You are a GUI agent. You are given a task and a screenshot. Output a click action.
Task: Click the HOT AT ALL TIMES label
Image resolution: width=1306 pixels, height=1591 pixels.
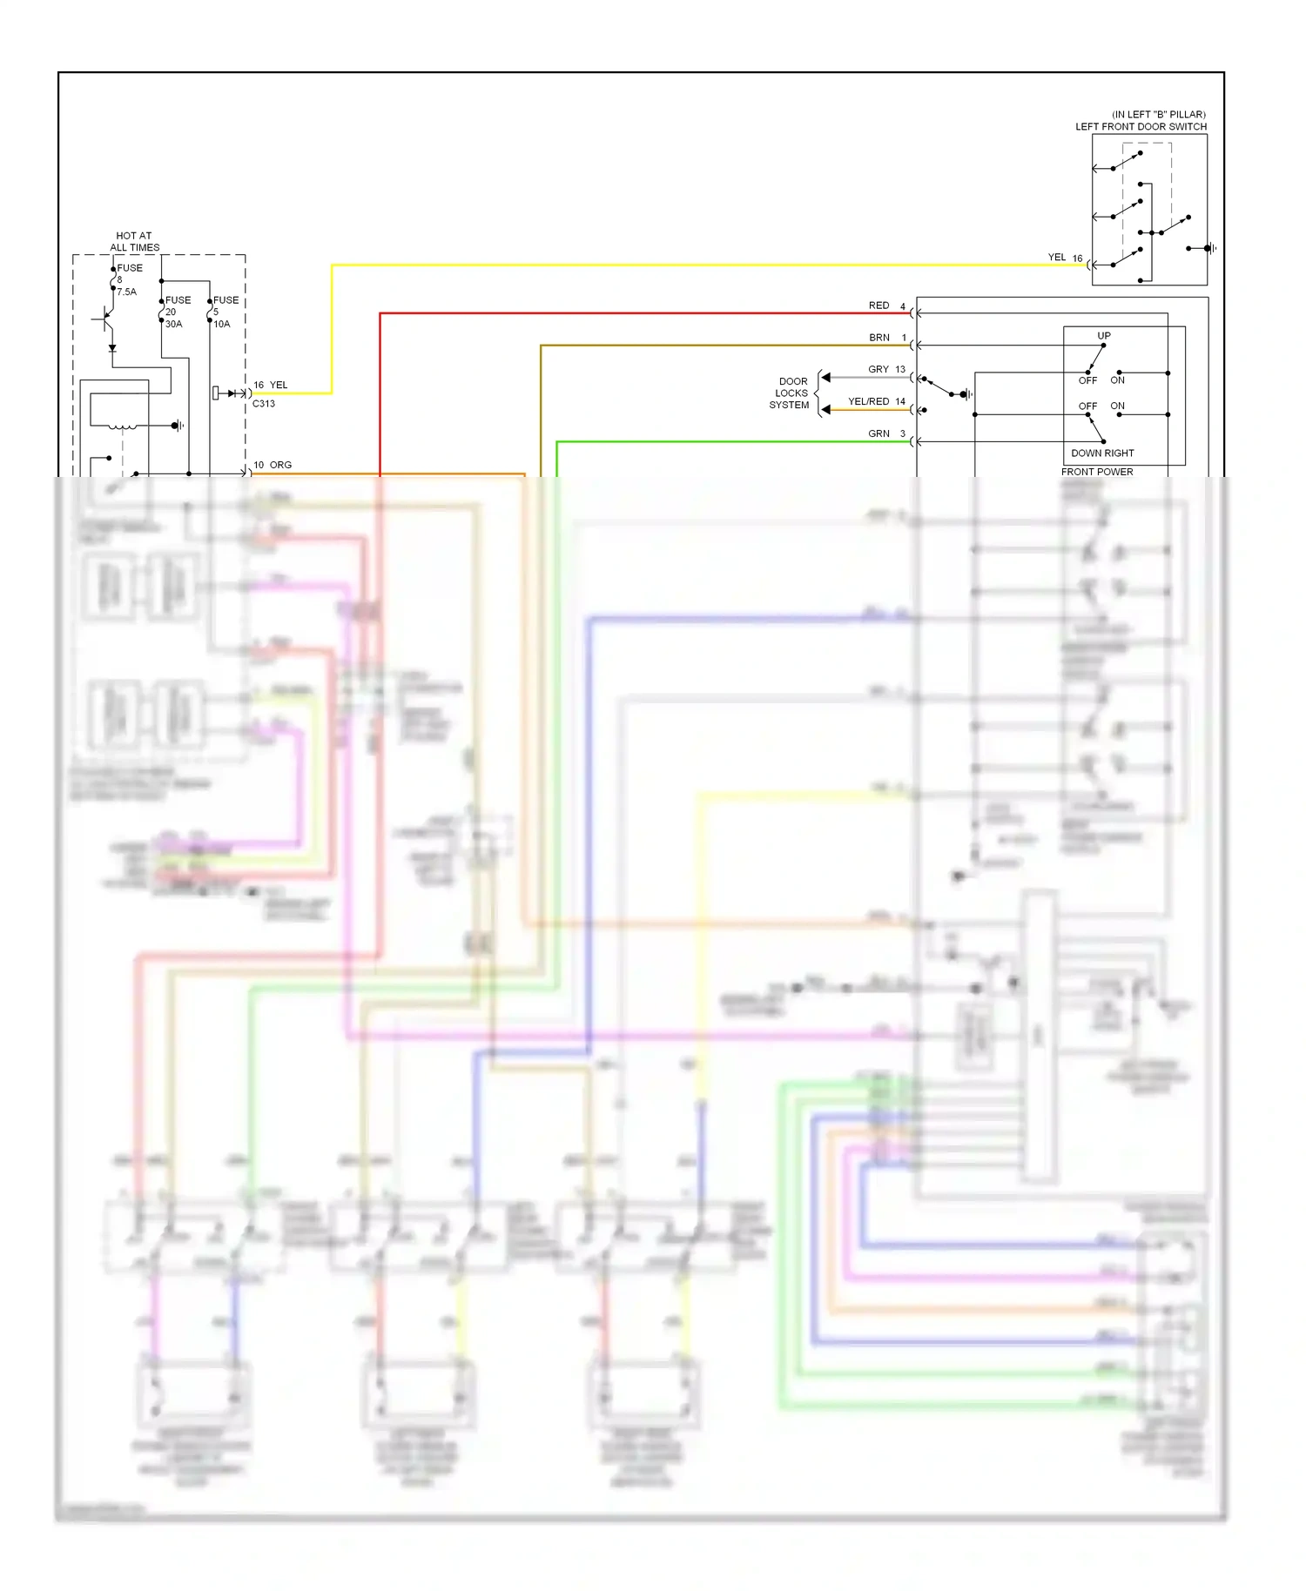[134, 241]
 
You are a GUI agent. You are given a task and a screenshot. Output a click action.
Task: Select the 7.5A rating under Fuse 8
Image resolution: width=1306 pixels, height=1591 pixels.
[127, 292]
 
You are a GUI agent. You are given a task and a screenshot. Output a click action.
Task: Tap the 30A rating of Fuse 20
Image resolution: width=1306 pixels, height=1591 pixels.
[174, 324]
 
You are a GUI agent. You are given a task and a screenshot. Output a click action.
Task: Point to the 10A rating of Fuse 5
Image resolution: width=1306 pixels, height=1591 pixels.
[222, 324]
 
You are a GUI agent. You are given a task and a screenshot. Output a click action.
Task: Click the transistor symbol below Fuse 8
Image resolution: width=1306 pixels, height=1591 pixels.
[105, 319]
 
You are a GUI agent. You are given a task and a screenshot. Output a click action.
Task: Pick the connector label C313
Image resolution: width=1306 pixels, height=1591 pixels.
[264, 404]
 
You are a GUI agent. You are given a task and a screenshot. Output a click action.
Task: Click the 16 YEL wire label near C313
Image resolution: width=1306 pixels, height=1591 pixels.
[271, 385]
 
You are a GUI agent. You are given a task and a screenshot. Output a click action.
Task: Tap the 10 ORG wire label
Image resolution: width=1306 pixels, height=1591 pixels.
[273, 465]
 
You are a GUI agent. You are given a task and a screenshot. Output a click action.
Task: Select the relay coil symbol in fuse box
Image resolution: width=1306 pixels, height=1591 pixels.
[121, 426]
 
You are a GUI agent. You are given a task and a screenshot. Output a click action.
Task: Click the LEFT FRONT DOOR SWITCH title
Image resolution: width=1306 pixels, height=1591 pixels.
[1141, 126]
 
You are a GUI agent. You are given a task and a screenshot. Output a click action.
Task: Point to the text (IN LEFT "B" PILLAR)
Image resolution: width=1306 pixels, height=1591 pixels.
[1158, 114]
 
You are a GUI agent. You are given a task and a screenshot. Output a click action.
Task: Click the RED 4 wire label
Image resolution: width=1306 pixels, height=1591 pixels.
[886, 305]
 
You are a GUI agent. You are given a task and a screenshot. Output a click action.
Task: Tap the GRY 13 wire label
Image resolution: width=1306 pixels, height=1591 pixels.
[886, 369]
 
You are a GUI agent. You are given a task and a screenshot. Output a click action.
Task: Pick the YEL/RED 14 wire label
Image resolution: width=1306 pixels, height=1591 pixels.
[876, 401]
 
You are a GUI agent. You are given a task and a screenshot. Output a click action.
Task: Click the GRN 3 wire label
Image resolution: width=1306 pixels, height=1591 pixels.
[886, 433]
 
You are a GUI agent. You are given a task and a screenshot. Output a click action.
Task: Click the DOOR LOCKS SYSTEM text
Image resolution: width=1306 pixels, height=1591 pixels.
[790, 393]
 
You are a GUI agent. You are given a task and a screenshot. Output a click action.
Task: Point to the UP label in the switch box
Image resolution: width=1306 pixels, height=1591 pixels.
[1103, 335]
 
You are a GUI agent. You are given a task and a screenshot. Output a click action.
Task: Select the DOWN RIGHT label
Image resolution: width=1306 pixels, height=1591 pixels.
[1102, 453]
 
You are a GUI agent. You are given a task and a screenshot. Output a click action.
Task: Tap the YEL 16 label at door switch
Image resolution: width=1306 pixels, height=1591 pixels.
[1064, 258]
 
